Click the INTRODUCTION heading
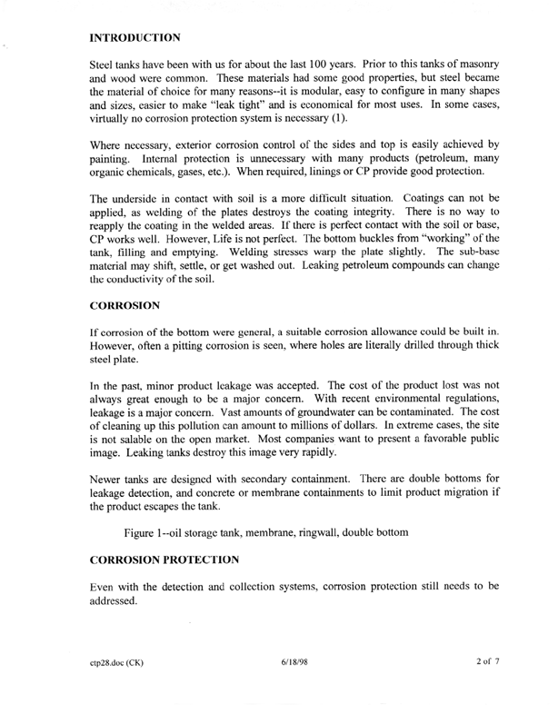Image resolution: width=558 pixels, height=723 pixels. [x=136, y=39]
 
